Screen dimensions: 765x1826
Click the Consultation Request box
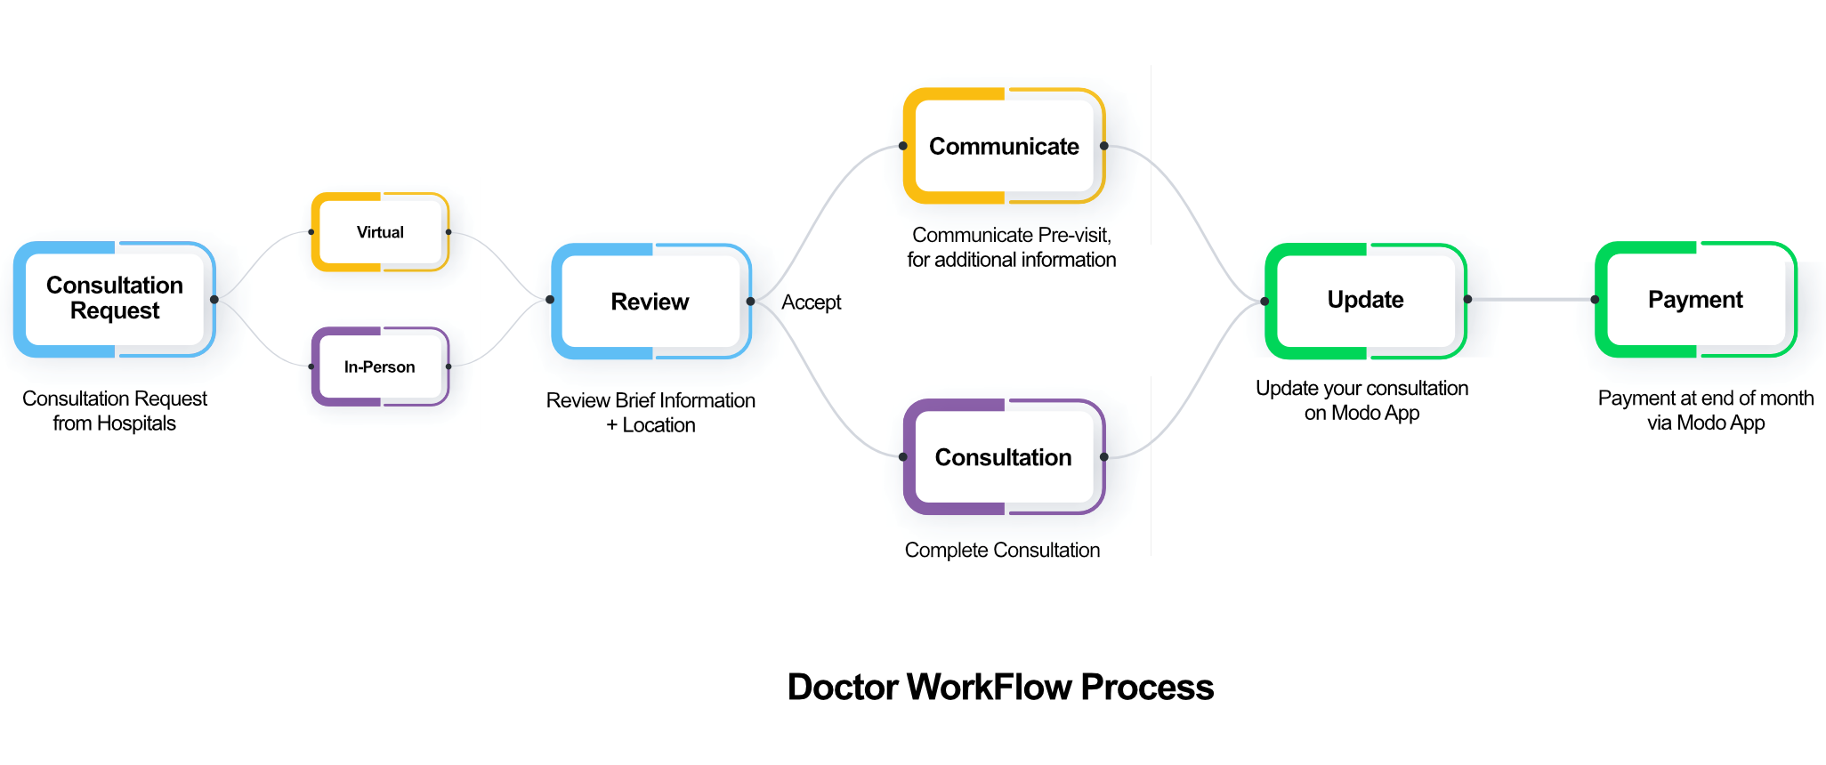coord(114,299)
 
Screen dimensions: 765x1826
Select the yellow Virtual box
coord(380,232)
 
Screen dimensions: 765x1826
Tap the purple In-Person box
coord(380,366)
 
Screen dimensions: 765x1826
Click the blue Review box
coord(650,302)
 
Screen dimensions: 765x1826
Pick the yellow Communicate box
coord(1004,146)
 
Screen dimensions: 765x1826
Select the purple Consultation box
coord(1004,457)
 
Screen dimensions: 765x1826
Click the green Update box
coord(1365,300)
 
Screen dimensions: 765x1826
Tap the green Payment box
coord(1695,300)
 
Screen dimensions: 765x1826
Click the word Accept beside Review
coord(811,302)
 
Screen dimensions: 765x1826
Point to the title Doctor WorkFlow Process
coord(1000,687)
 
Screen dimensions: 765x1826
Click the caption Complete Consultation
coord(1002,550)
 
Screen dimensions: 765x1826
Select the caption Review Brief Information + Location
coord(650,412)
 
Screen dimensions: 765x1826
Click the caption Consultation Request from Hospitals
coord(114,410)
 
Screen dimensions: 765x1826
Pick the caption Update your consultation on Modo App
coord(1361,400)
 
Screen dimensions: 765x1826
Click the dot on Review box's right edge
coord(750,302)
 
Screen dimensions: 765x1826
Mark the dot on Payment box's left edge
coord(1595,300)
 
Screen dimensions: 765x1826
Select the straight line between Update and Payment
coord(1531,300)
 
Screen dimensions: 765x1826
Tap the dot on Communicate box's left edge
coord(903,146)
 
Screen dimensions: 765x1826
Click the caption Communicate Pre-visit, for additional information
coord(1011,247)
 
